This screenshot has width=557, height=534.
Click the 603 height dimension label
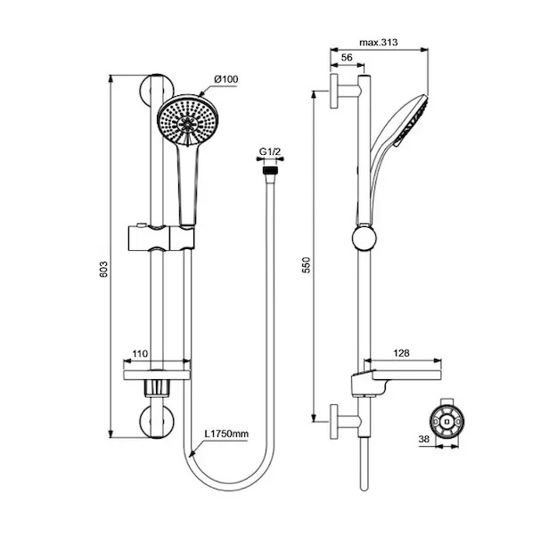pos(103,270)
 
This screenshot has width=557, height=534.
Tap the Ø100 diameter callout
pos(226,79)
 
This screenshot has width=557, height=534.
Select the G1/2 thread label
pos(270,152)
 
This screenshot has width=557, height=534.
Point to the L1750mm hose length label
pos(226,433)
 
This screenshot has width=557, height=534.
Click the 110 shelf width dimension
pos(140,353)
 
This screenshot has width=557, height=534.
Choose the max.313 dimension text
pos(379,43)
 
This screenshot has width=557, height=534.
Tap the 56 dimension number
pos(347,58)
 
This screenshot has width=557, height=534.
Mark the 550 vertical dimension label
pos(306,264)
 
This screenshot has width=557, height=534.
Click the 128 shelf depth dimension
pos(401,353)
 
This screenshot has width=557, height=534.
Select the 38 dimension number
pos(424,440)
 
